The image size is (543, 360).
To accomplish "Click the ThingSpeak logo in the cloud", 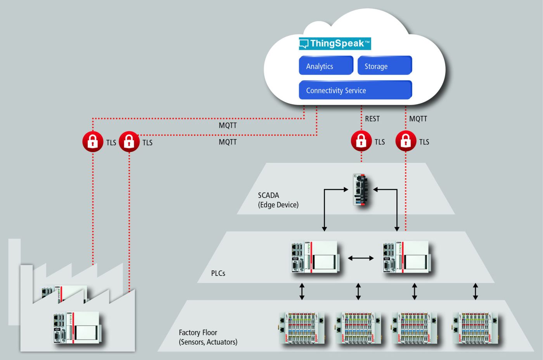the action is click(x=335, y=44).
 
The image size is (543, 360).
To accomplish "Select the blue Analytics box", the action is click(x=326, y=65).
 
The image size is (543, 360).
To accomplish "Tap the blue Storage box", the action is click(x=385, y=65).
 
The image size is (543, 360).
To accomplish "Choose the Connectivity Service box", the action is click(x=355, y=90).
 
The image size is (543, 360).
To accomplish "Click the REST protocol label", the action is click(x=372, y=119).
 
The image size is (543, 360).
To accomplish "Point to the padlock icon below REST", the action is click(x=361, y=141).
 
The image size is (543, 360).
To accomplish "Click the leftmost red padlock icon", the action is click(x=93, y=142).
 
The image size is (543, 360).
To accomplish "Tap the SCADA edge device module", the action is click(x=360, y=190).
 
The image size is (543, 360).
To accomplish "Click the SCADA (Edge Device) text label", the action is click(x=278, y=200).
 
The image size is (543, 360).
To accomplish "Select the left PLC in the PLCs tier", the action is click(x=315, y=257).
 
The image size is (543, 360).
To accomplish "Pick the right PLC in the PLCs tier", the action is click(x=406, y=257).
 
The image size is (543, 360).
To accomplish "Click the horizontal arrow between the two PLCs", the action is click(x=361, y=258).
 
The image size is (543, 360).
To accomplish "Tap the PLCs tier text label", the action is click(x=218, y=273).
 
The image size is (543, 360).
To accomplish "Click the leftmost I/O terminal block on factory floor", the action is click(x=302, y=328).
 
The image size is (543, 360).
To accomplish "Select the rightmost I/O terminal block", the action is click(x=476, y=328).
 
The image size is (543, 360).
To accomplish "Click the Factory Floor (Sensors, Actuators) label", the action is click(x=208, y=337).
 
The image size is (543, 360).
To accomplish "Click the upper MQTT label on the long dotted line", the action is click(x=228, y=126).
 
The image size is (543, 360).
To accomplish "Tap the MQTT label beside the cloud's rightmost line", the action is click(x=418, y=119).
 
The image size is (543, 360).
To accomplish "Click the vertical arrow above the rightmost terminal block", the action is click(x=476, y=291).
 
